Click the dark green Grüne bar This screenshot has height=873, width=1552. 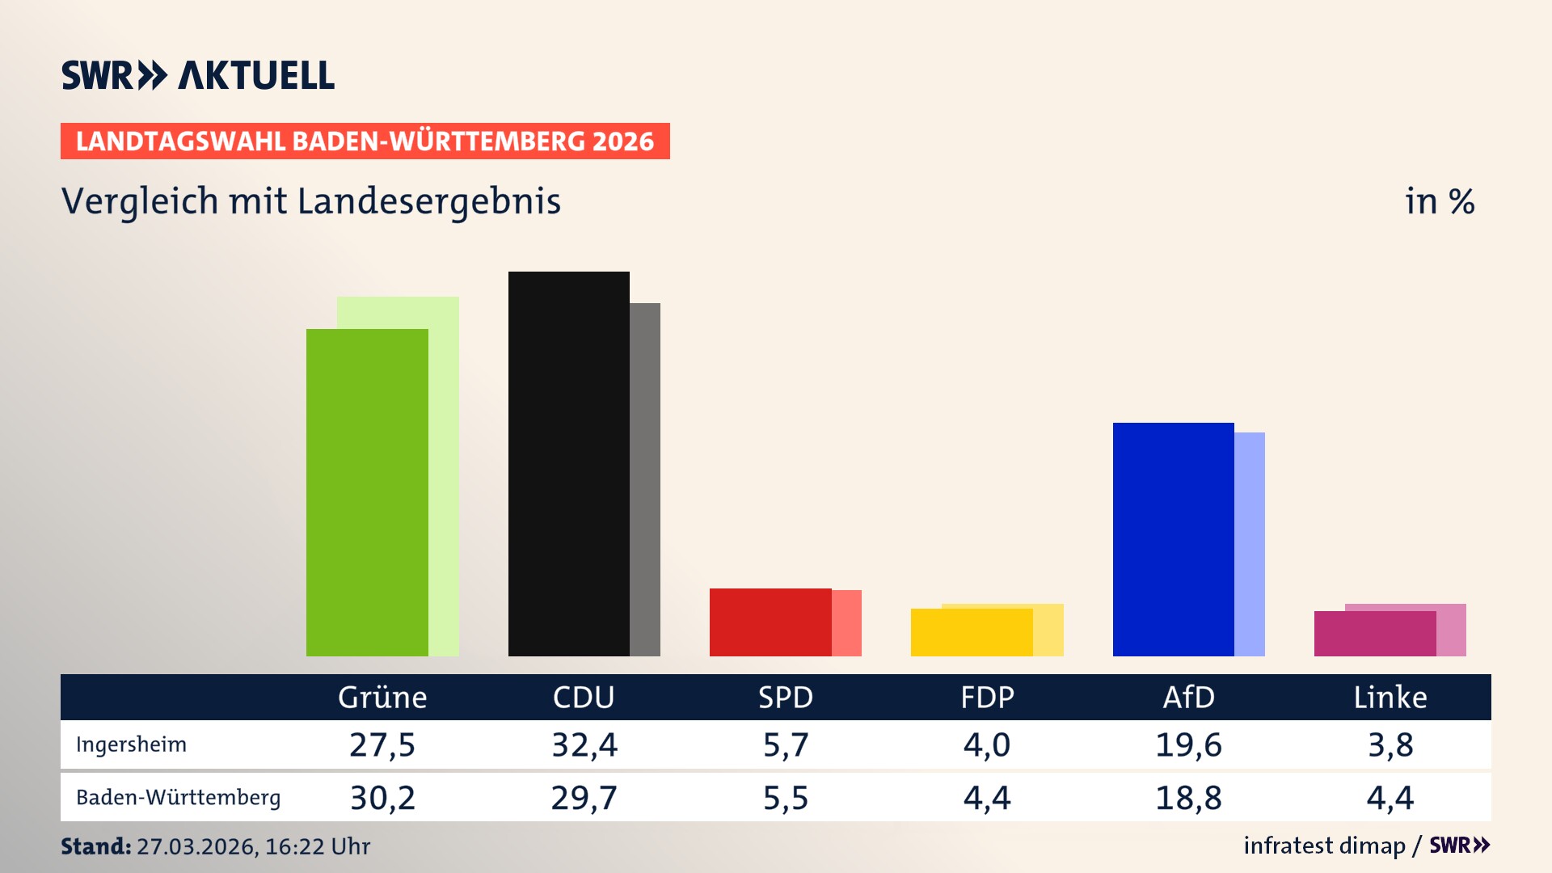(x=367, y=492)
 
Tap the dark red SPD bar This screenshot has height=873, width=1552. (x=770, y=622)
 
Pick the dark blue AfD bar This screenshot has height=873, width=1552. (x=1173, y=539)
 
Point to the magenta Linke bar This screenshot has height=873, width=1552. (x=1374, y=633)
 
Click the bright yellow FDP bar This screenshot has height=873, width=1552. (x=971, y=632)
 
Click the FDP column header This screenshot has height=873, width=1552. (x=987, y=697)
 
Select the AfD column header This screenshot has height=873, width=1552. (x=1188, y=697)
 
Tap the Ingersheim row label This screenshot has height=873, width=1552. (x=131, y=744)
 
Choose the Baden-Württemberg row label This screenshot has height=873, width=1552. (x=178, y=797)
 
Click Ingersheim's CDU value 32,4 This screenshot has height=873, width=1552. (x=584, y=744)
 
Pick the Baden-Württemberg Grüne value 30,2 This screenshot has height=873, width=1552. (x=382, y=798)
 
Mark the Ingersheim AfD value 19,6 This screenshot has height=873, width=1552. (x=1188, y=744)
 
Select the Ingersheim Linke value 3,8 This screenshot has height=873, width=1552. (x=1390, y=744)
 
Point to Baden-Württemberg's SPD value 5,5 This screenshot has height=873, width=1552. (x=786, y=798)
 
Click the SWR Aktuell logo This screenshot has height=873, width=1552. (x=198, y=75)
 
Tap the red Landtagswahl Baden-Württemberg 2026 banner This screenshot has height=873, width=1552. (x=365, y=141)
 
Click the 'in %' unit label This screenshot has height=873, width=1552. (x=1440, y=201)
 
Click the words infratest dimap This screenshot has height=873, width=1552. (x=1324, y=846)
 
